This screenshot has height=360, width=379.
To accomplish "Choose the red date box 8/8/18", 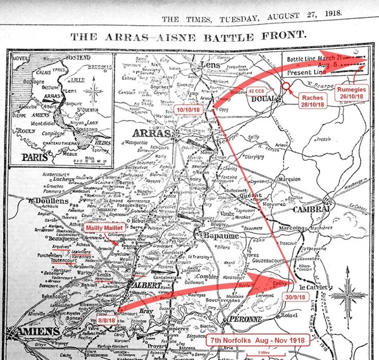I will [x=106, y=321].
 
